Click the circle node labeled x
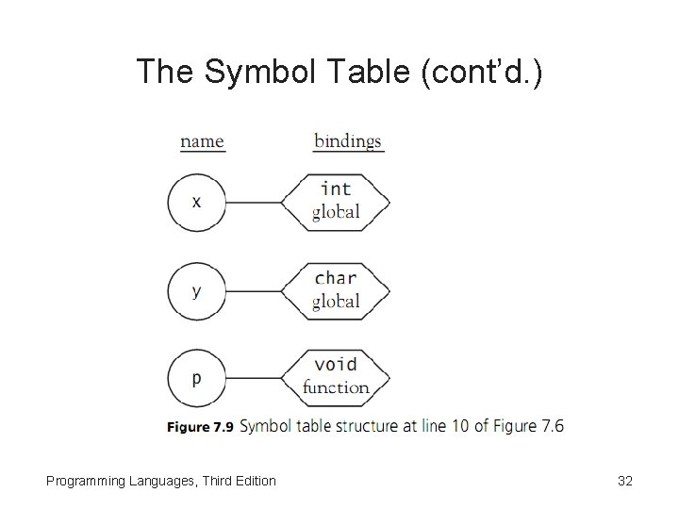pos(196,203)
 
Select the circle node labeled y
pos(196,291)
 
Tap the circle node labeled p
pos(196,379)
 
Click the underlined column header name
pos(202,141)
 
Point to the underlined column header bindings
pos(348,141)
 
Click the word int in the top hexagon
pos(336,189)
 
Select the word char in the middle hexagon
pos(336,278)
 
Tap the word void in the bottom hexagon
pos(336,365)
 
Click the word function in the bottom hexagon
pos(336,387)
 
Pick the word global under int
pos(336,212)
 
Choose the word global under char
pos(336,302)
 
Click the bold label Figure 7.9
pos(200,427)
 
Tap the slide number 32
pos(624,481)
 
